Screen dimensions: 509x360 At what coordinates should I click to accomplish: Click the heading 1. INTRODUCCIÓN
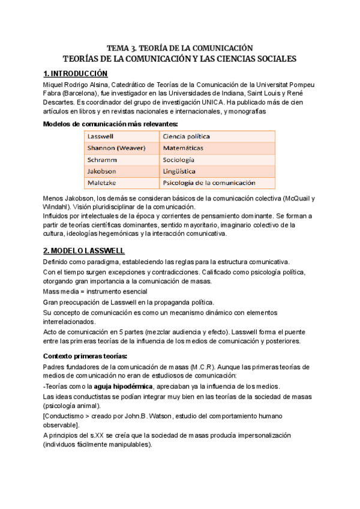click(x=76, y=74)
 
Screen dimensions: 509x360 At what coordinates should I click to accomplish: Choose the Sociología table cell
click(x=179, y=160)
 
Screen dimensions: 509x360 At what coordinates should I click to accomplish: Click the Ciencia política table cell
click(x=187, y=136)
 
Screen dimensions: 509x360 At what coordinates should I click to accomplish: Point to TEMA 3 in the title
click(x=122, y=47)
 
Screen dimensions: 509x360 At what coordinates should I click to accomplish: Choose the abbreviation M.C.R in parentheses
click(x=206, y=366)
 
